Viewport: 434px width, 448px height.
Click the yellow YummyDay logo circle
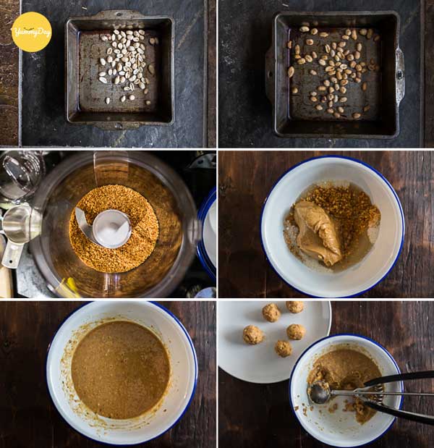pos(31,32)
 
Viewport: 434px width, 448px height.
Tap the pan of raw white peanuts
pos(120,70)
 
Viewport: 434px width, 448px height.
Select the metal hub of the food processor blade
pos(112,229)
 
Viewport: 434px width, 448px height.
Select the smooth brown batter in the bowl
pos(121,370)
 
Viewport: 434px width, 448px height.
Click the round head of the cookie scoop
pos(320,394)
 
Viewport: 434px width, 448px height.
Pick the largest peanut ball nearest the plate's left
pos(253,334)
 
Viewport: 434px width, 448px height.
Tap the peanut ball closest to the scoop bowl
pos(284,349)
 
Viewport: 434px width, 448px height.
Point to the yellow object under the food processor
pos(69,287)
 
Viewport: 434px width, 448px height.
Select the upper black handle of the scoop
pos(400,378)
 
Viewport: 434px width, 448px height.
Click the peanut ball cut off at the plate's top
pos(295,307)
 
